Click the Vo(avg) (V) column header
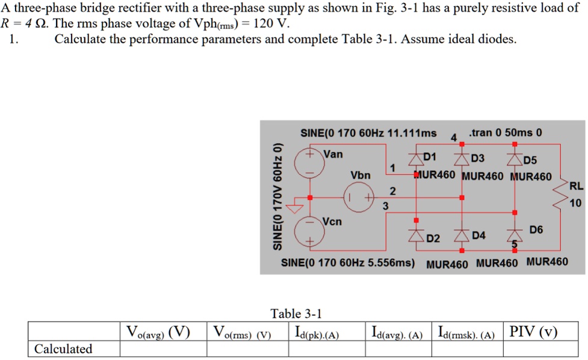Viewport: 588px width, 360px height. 158,332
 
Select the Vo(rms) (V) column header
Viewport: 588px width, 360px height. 243,332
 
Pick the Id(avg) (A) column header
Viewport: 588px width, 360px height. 397,332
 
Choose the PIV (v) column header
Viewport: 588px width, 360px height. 533,332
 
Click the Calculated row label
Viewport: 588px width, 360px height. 63,349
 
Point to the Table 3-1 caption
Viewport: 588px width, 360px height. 296,313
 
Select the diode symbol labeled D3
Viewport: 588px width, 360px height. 462,160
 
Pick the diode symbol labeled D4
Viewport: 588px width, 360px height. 462,236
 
